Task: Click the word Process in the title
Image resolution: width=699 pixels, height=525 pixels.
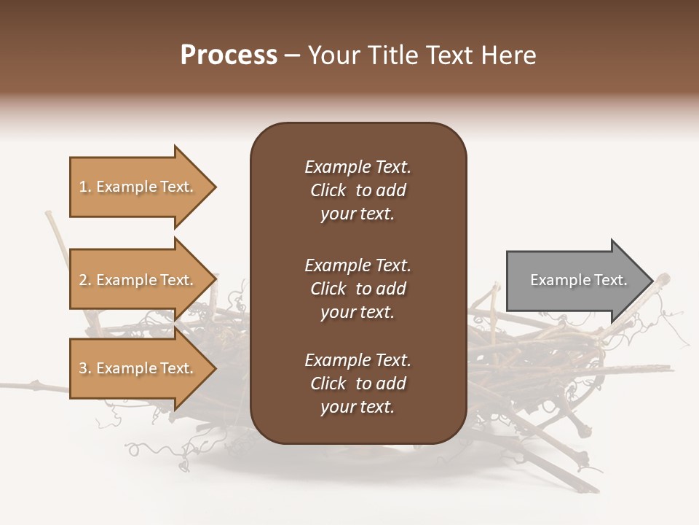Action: [229, 55]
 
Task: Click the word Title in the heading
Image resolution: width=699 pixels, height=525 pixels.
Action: [390, 55]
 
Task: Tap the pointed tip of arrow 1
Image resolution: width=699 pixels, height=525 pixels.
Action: [215, 187]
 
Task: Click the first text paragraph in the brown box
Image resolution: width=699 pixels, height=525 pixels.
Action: [358, 190]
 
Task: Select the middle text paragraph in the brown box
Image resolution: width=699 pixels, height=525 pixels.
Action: [358, 289]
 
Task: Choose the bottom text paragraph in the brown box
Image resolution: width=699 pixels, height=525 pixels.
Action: [358, 384]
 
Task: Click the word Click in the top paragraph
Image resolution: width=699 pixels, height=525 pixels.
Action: [328, 190]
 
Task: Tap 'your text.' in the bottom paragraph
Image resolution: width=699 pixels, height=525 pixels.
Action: [358, 407]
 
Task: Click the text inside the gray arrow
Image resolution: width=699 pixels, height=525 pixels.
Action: [578, 280]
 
